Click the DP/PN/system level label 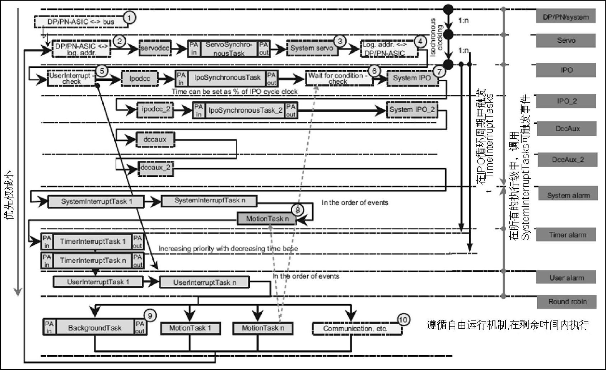pos(566,17)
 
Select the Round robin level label pos(567,302)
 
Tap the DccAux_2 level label pos(568,160)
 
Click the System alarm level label pos(568,195)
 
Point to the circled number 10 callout pos(404,319)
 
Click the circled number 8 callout pos(297,210)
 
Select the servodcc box pos(155,48)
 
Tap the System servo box pos(312,48)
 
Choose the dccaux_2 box pos(155,168)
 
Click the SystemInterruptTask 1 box pos(96,201)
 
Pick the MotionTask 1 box pos(190,328)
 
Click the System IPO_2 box pos(412,110)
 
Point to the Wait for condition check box pos(339,78)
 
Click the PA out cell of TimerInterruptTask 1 pos(137,242)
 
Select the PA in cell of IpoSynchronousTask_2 pos(199,111)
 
